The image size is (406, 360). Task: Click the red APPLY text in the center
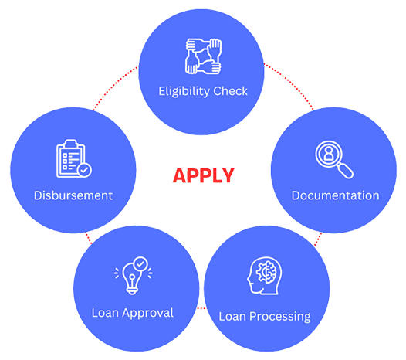(203, 175)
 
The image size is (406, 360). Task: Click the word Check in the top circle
(231, 91)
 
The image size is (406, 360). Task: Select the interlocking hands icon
(203, 56)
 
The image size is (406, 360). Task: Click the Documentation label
(335, 195)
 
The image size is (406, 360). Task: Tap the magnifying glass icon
(334, 159)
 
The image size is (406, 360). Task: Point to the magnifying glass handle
(346, 170)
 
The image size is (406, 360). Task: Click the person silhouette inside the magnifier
(328, 154)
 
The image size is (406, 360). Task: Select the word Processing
(280, 317)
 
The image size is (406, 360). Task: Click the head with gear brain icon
(265, 276)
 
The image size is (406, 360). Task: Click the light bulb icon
(133, 276)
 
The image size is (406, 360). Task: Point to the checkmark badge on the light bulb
(140, 264)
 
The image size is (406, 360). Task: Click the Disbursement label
(73, 195)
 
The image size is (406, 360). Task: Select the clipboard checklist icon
(74, 158)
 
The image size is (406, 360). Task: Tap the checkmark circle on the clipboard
(84, 170)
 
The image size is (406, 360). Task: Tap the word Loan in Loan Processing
(232, 317)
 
